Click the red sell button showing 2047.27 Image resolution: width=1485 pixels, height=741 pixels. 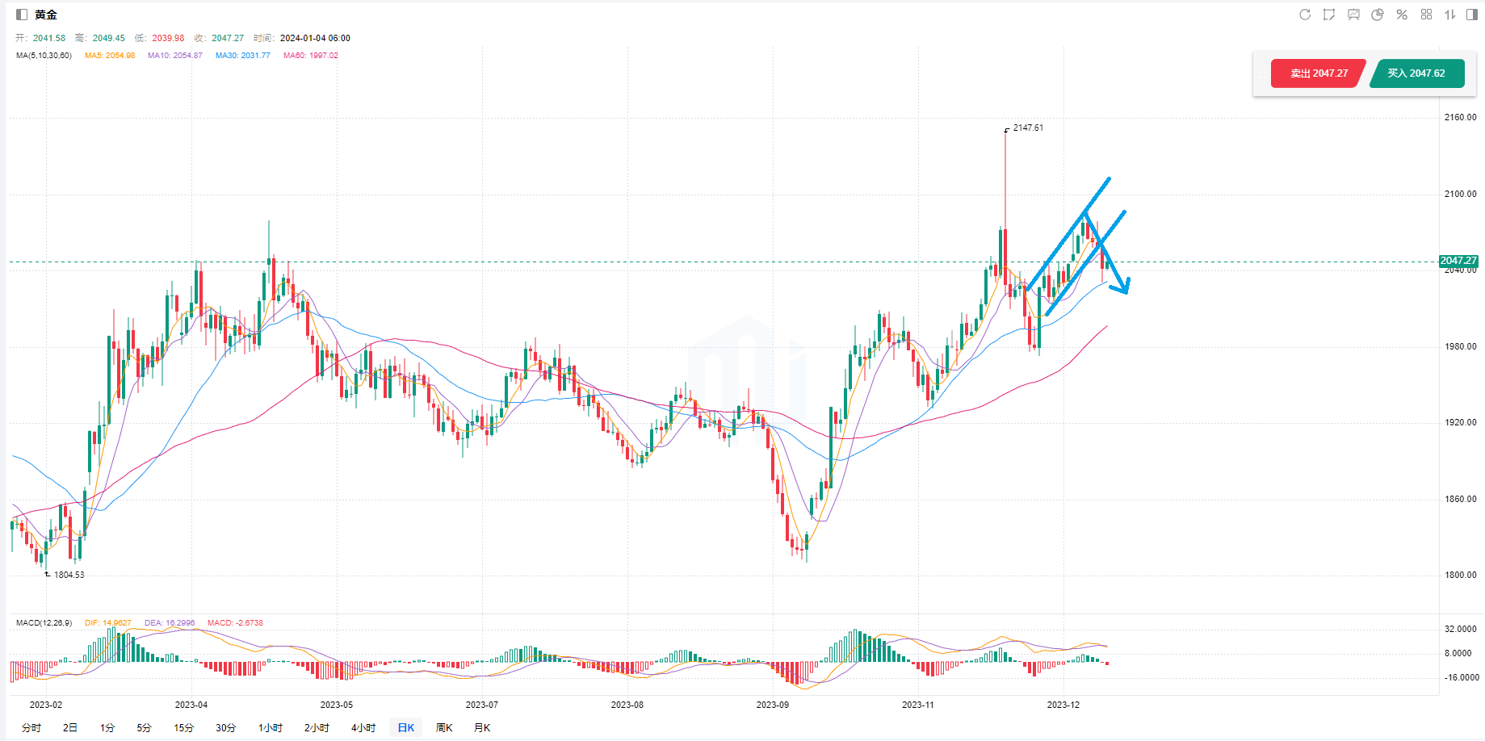coord(1318,73)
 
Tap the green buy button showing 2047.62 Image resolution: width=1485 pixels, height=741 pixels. coord(1416,73)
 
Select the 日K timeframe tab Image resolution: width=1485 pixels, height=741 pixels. coord(405,727)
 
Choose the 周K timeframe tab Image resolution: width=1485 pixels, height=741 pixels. coord(444,727)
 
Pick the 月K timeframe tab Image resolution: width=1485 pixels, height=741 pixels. coord(482,727)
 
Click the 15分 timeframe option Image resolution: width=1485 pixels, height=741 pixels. coord(183,727)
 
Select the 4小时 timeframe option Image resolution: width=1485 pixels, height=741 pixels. coord(363,727)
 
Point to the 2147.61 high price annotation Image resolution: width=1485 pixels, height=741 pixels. coord(1027,128)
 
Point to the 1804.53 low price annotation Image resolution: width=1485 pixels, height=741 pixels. coord(69,575)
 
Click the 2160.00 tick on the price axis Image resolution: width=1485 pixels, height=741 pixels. coord(1460,117)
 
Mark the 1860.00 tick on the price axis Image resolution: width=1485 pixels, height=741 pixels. coord(1460,499)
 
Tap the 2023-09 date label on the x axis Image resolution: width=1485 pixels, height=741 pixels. coord(772,705)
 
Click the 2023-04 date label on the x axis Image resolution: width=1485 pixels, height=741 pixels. coord(191,705)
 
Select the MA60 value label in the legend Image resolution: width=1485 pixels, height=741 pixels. coord(311,56)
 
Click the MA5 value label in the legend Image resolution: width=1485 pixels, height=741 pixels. coord(110,56)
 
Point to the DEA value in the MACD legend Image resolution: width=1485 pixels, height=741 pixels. coord(170,623)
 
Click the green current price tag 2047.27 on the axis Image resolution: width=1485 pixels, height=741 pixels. coord(1458,261)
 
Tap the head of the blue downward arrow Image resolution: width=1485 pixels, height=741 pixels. coord(1123,288)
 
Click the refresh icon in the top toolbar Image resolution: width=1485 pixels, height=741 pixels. coord(1304,15)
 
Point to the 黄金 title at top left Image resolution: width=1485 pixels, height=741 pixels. coord(46,15)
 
